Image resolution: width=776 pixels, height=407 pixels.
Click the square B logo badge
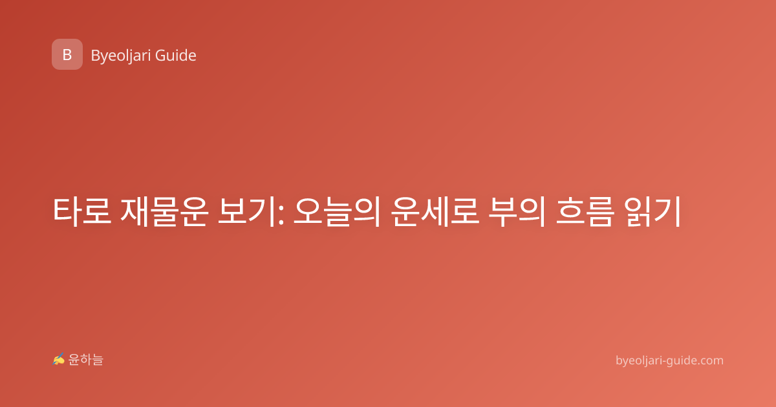pos(67,54)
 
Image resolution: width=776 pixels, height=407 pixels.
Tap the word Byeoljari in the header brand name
pos(120,56)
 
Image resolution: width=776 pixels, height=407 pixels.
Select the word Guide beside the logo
pos(176,56)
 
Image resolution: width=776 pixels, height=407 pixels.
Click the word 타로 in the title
pos(81,211)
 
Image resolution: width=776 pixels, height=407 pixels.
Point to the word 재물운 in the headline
pos(164,211)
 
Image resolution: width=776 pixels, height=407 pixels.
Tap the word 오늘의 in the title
pos(337,211)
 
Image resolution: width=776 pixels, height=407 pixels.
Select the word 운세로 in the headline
pos(435,211)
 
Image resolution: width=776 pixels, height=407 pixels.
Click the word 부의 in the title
pos(517,211)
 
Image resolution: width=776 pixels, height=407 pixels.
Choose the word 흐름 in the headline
pos(585,211)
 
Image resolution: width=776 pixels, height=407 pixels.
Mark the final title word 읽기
pos(653,211)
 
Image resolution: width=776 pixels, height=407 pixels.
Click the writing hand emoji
pos(59,359)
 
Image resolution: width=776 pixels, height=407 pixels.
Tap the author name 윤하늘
pos(85,360)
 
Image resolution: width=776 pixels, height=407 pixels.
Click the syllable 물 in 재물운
pos(164,211)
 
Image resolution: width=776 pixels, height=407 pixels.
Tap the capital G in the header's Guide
pos(160,56)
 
